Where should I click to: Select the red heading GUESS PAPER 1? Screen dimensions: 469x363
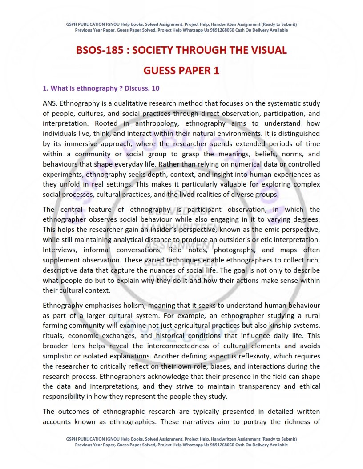[x=181, y=71]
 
